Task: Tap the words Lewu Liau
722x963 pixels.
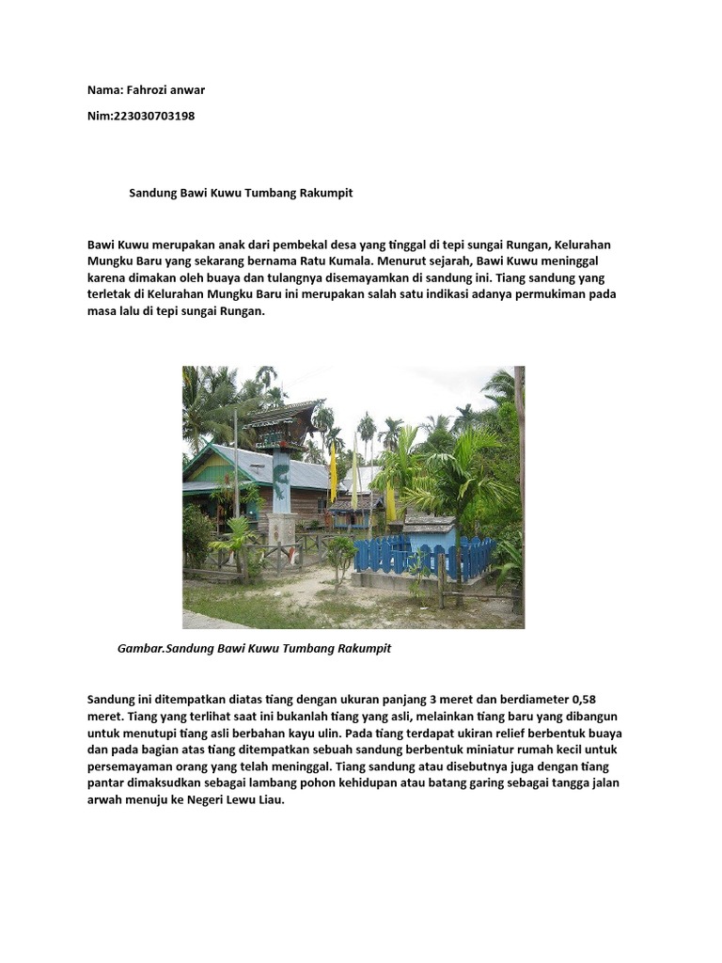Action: point(263,800)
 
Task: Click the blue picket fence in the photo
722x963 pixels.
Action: point(424,557)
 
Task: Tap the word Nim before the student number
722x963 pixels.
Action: point(99,116)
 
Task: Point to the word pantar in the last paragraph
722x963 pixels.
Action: point(106,783)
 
